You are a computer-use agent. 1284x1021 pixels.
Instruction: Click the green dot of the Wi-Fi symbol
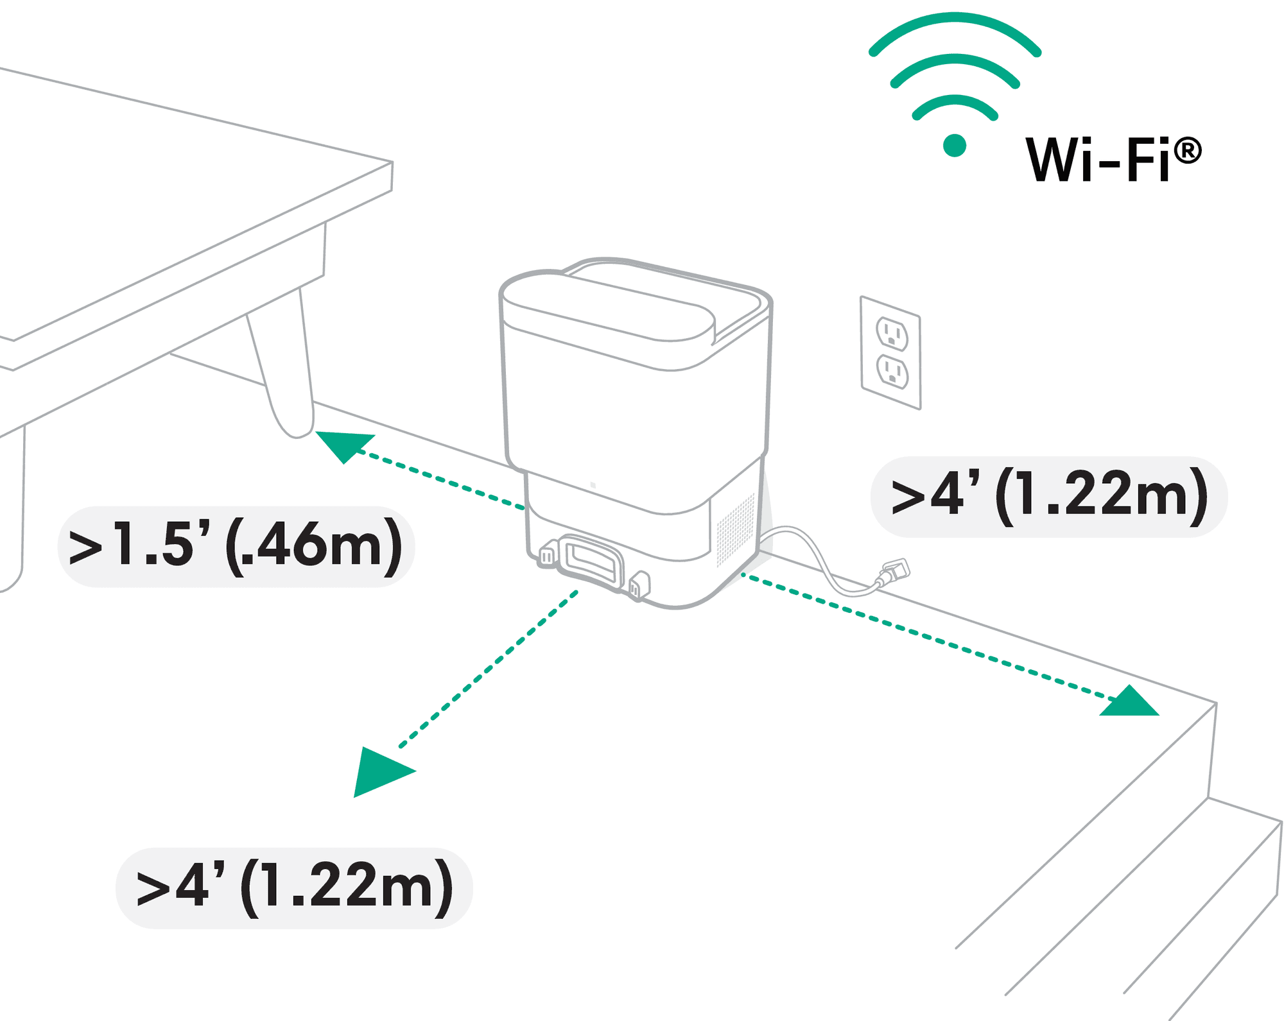click(x=955, y=146)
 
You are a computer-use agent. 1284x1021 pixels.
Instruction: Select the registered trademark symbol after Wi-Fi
click(x=1188, y=151)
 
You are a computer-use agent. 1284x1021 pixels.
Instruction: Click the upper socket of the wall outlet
click(x=892, y=334)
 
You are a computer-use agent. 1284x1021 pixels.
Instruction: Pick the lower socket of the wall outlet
click(x=892, y=372)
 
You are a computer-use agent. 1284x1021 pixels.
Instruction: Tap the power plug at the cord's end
click(x=896, y=571)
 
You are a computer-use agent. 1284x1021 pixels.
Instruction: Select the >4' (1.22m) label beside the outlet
click(x=1049, y=497)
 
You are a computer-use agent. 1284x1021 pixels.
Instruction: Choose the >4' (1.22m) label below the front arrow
click(x=294, y=888)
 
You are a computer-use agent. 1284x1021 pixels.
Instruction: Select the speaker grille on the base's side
click(x=736, y=530)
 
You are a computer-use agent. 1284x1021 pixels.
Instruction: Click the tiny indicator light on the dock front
click(x=593, y=485)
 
